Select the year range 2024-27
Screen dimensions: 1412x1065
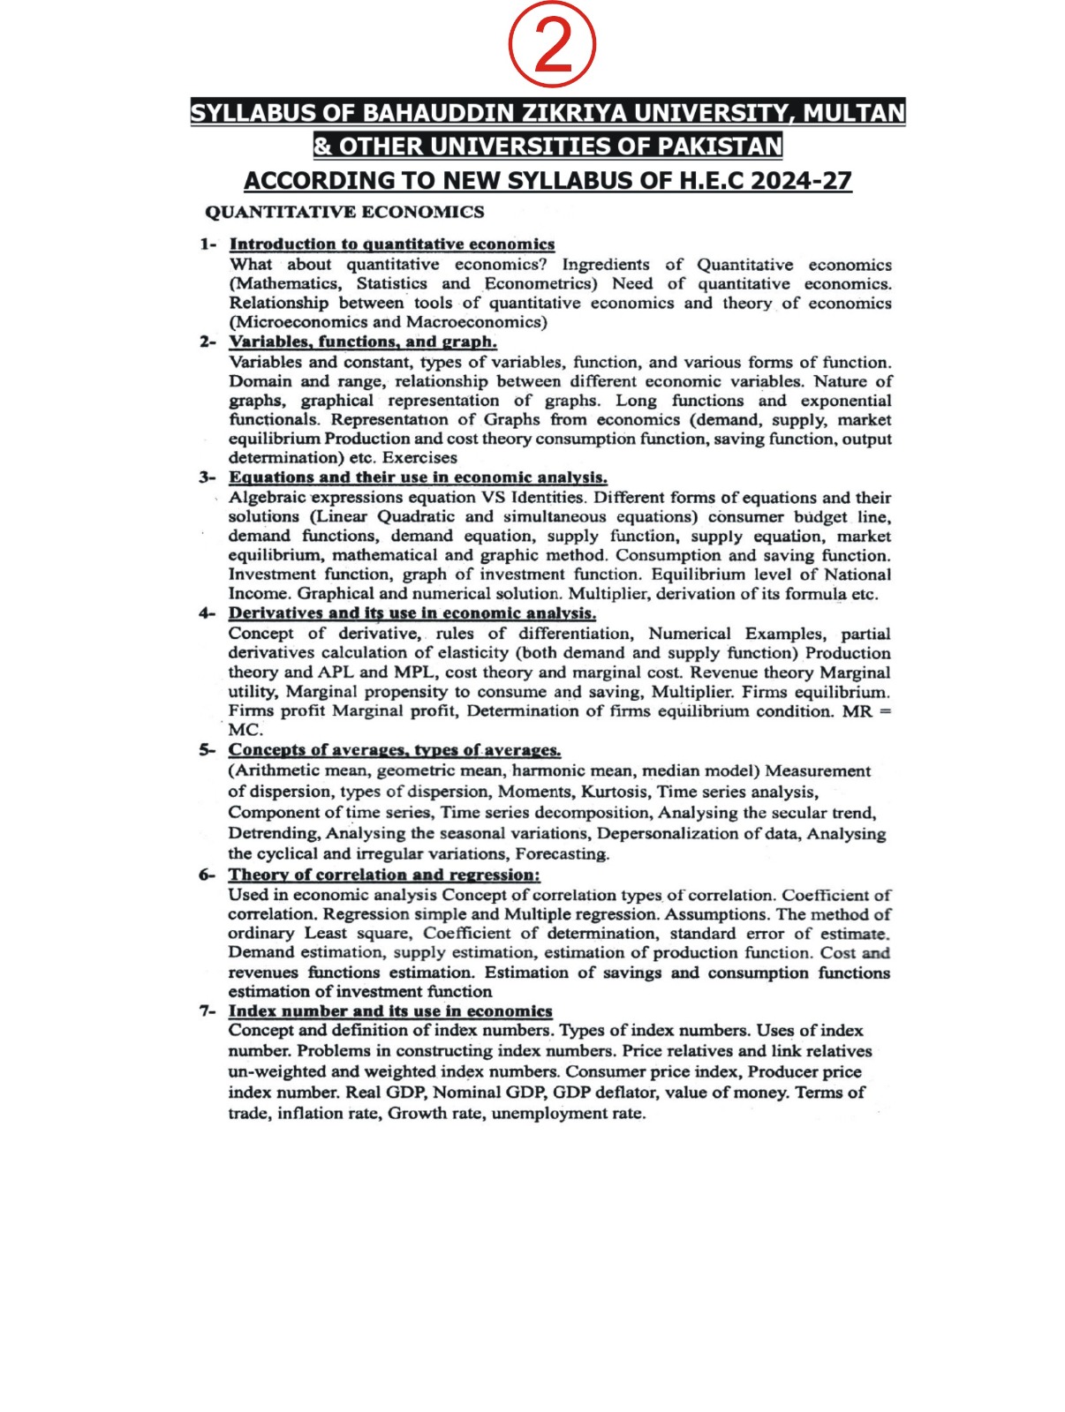coord(801,180)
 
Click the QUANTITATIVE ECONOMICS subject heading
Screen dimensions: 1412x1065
coord(344,212)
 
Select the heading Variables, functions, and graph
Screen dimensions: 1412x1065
coord(363,342)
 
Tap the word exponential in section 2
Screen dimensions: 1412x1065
coord(845,401)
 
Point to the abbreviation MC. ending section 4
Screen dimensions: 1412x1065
coord(245,731)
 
